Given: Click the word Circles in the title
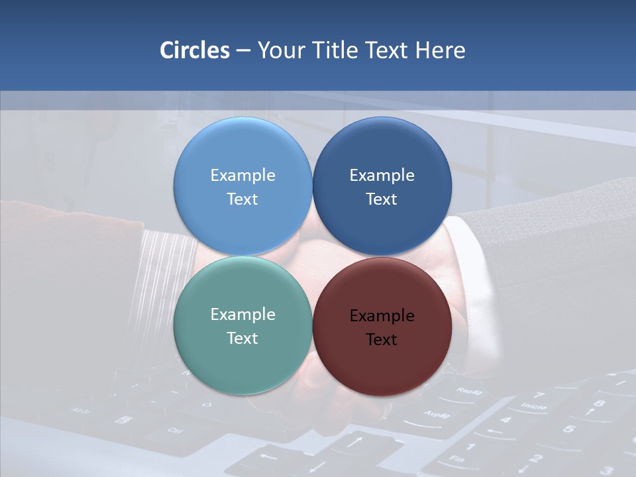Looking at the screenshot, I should click(x=195, y=50).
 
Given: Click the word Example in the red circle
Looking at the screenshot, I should click(x=382, y=316).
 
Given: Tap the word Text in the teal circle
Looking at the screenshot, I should click(x=242, y=338).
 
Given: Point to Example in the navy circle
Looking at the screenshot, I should click(x=382, y=176).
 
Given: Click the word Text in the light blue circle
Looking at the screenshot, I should click(x=242, y=199).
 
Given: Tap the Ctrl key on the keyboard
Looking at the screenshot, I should click(x=174, y=431).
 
